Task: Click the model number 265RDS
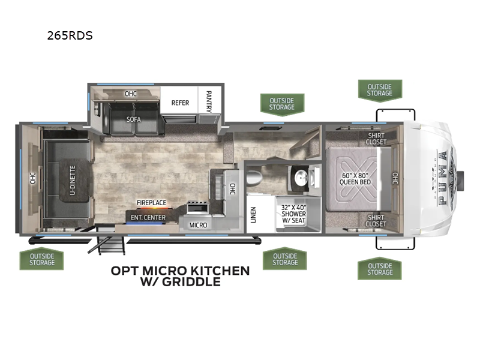tap(70, 36)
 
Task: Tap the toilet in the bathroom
tap(254, 178)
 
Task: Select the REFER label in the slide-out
tap(180, 103)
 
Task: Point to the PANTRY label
tap(209, 101)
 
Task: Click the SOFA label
tap(134, 119)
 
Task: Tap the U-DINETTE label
tap(73, 181)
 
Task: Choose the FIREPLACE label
tap(151, 203)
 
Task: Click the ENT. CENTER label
tap(148, 218)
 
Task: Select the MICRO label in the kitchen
tap(198, 226)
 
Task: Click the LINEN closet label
tap(253, 215)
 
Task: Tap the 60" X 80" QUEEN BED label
tap(355, 179)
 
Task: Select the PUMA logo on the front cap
tap(443, 178)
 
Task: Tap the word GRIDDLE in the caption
tap(191, 281)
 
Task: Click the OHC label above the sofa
tap(131, 94)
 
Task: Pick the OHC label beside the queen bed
tap(395, 178)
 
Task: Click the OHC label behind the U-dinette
tap(33, 178)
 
